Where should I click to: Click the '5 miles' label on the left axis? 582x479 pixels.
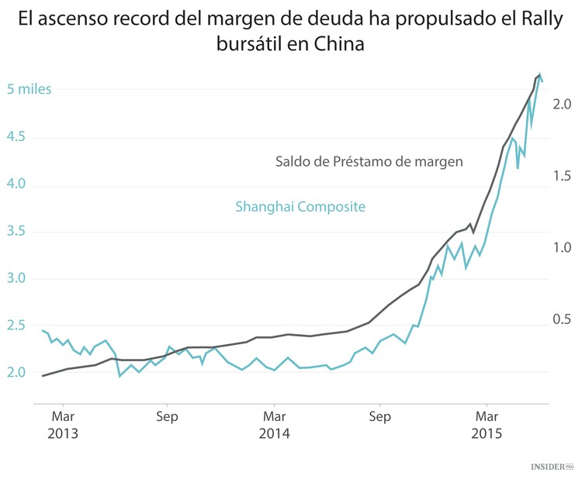29,89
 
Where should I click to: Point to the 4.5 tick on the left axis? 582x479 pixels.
16,137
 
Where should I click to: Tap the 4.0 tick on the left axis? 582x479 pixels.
16,184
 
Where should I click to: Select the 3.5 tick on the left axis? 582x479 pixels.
16,231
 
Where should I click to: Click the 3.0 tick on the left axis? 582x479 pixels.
16,278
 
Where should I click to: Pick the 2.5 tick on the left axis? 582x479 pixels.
16,326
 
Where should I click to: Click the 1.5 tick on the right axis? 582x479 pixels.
563,176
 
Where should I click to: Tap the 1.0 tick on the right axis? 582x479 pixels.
563,247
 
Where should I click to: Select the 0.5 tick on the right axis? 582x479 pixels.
563,319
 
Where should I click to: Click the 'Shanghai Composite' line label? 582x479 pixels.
300,207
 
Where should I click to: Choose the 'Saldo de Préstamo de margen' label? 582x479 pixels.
369,162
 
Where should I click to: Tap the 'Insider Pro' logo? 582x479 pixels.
551,467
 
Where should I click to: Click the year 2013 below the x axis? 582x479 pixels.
63,433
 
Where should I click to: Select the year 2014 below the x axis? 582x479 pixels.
274,433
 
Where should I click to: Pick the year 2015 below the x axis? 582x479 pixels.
487,433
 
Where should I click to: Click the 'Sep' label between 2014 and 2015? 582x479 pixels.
379,415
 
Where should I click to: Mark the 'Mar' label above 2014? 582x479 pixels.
274,415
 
